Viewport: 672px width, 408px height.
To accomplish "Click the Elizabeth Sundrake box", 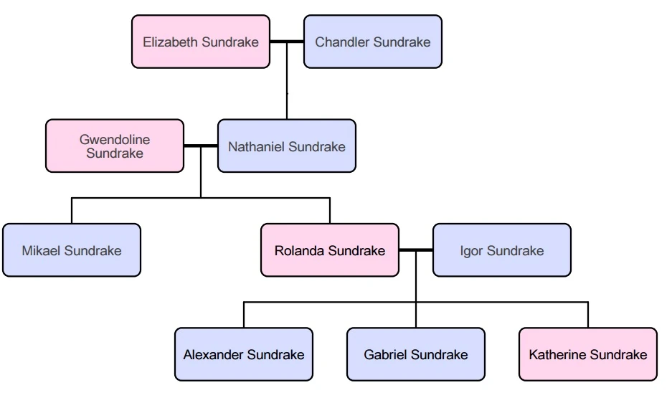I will point(201,42).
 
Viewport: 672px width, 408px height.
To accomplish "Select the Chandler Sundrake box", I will point(373,42).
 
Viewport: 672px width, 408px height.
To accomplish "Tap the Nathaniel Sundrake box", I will point(287,146).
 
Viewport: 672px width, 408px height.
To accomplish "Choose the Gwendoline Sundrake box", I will point(115,146).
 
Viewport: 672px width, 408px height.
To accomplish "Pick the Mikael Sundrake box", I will point(72,250).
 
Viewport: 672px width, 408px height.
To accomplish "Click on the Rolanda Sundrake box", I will point(330,250).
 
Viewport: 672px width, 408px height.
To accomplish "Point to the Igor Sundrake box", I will point(502,250).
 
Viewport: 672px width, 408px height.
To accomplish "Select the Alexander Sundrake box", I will point(244,354).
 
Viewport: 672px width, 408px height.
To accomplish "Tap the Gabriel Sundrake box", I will point(416,354).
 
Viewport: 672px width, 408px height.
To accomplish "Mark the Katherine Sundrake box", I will point(588,354).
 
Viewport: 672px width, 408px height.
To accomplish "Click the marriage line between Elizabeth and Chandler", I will point(287,42).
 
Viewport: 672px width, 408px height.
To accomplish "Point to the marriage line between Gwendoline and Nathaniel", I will point(201,146).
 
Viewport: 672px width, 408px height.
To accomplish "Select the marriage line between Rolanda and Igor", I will point(416,250).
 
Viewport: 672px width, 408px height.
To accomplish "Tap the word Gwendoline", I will point(115,141).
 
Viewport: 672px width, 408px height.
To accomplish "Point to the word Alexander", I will point(214,354).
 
